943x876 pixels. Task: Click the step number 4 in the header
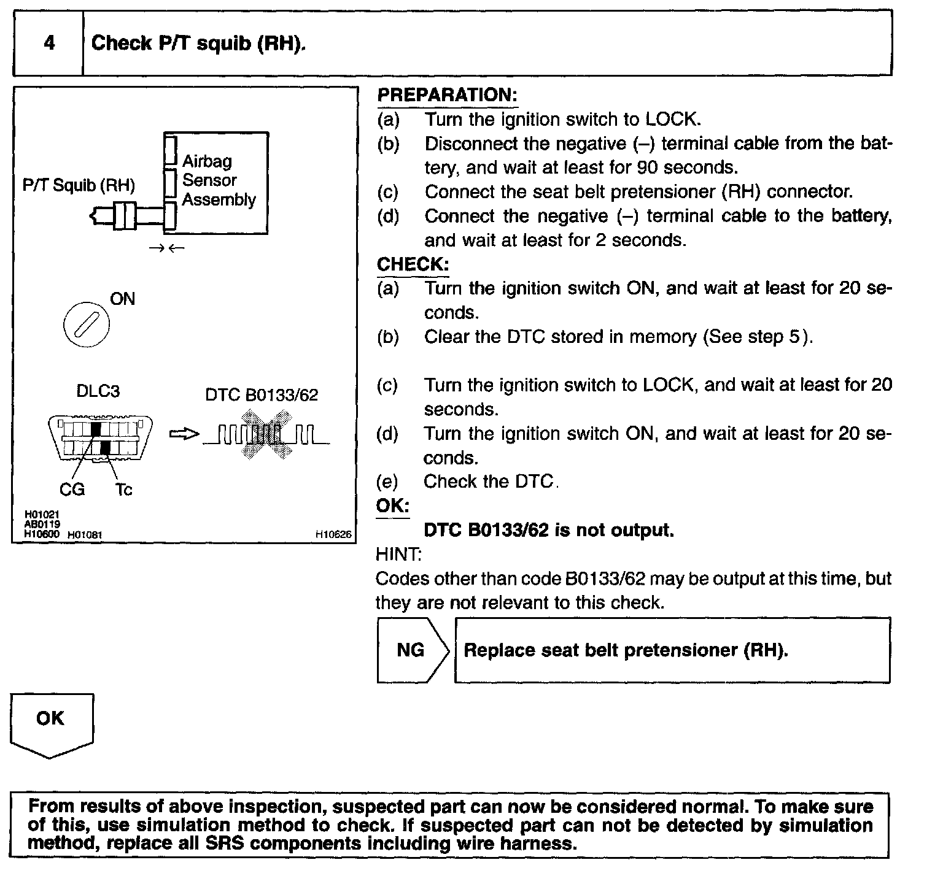(49, 43)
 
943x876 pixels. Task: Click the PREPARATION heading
(447, 95)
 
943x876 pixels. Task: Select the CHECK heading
(413, 264)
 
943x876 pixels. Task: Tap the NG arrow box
(412, 650)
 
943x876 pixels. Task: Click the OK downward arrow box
(51, 724)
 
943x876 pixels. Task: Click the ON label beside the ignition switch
(122, 299)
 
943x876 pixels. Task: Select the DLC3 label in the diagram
(98, 391)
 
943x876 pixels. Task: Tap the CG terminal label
(72, 490)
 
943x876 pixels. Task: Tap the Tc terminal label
(123, 490)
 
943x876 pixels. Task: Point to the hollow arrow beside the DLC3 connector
(184, 434)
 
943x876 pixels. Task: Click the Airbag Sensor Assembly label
(218, 180)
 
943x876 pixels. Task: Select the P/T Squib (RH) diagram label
(79, 185)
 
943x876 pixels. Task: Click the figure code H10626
(333, 535)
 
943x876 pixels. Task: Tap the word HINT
(398, 555)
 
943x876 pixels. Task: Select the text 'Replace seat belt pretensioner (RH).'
(626, 650)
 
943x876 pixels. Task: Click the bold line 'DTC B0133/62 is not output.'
(549, 531)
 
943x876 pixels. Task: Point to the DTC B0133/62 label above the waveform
(262, 395)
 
